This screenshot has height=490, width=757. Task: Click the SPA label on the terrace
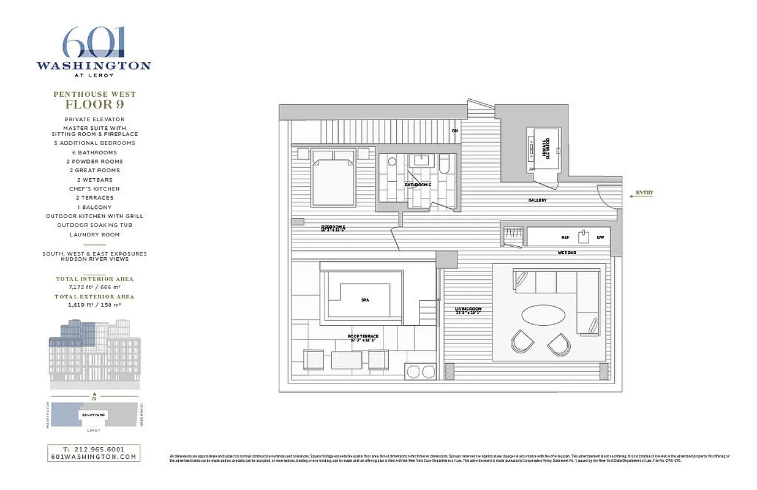click(x=365, y=300)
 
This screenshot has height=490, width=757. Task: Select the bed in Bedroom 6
click(x=333, y=178)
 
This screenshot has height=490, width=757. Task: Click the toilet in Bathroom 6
click(x=392, y=162)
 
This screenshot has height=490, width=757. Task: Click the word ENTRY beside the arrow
click(x=644, y=193)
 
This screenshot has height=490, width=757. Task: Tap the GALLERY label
click(x=537, y=200)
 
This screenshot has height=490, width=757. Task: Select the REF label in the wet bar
click(x=565, y=237)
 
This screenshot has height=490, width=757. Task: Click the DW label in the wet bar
click(x=600, y=237)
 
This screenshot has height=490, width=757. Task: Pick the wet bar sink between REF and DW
click(x=584, y=236)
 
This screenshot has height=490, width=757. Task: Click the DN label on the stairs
click(x=454, y=130)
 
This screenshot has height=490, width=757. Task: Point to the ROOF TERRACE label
click(x=363, y=336)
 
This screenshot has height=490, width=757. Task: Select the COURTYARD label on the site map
click(x=93, y=415)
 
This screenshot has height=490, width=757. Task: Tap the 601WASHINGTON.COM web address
click(x=94, y=457)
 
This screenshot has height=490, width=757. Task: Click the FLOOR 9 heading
click(x=94, y=104)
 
